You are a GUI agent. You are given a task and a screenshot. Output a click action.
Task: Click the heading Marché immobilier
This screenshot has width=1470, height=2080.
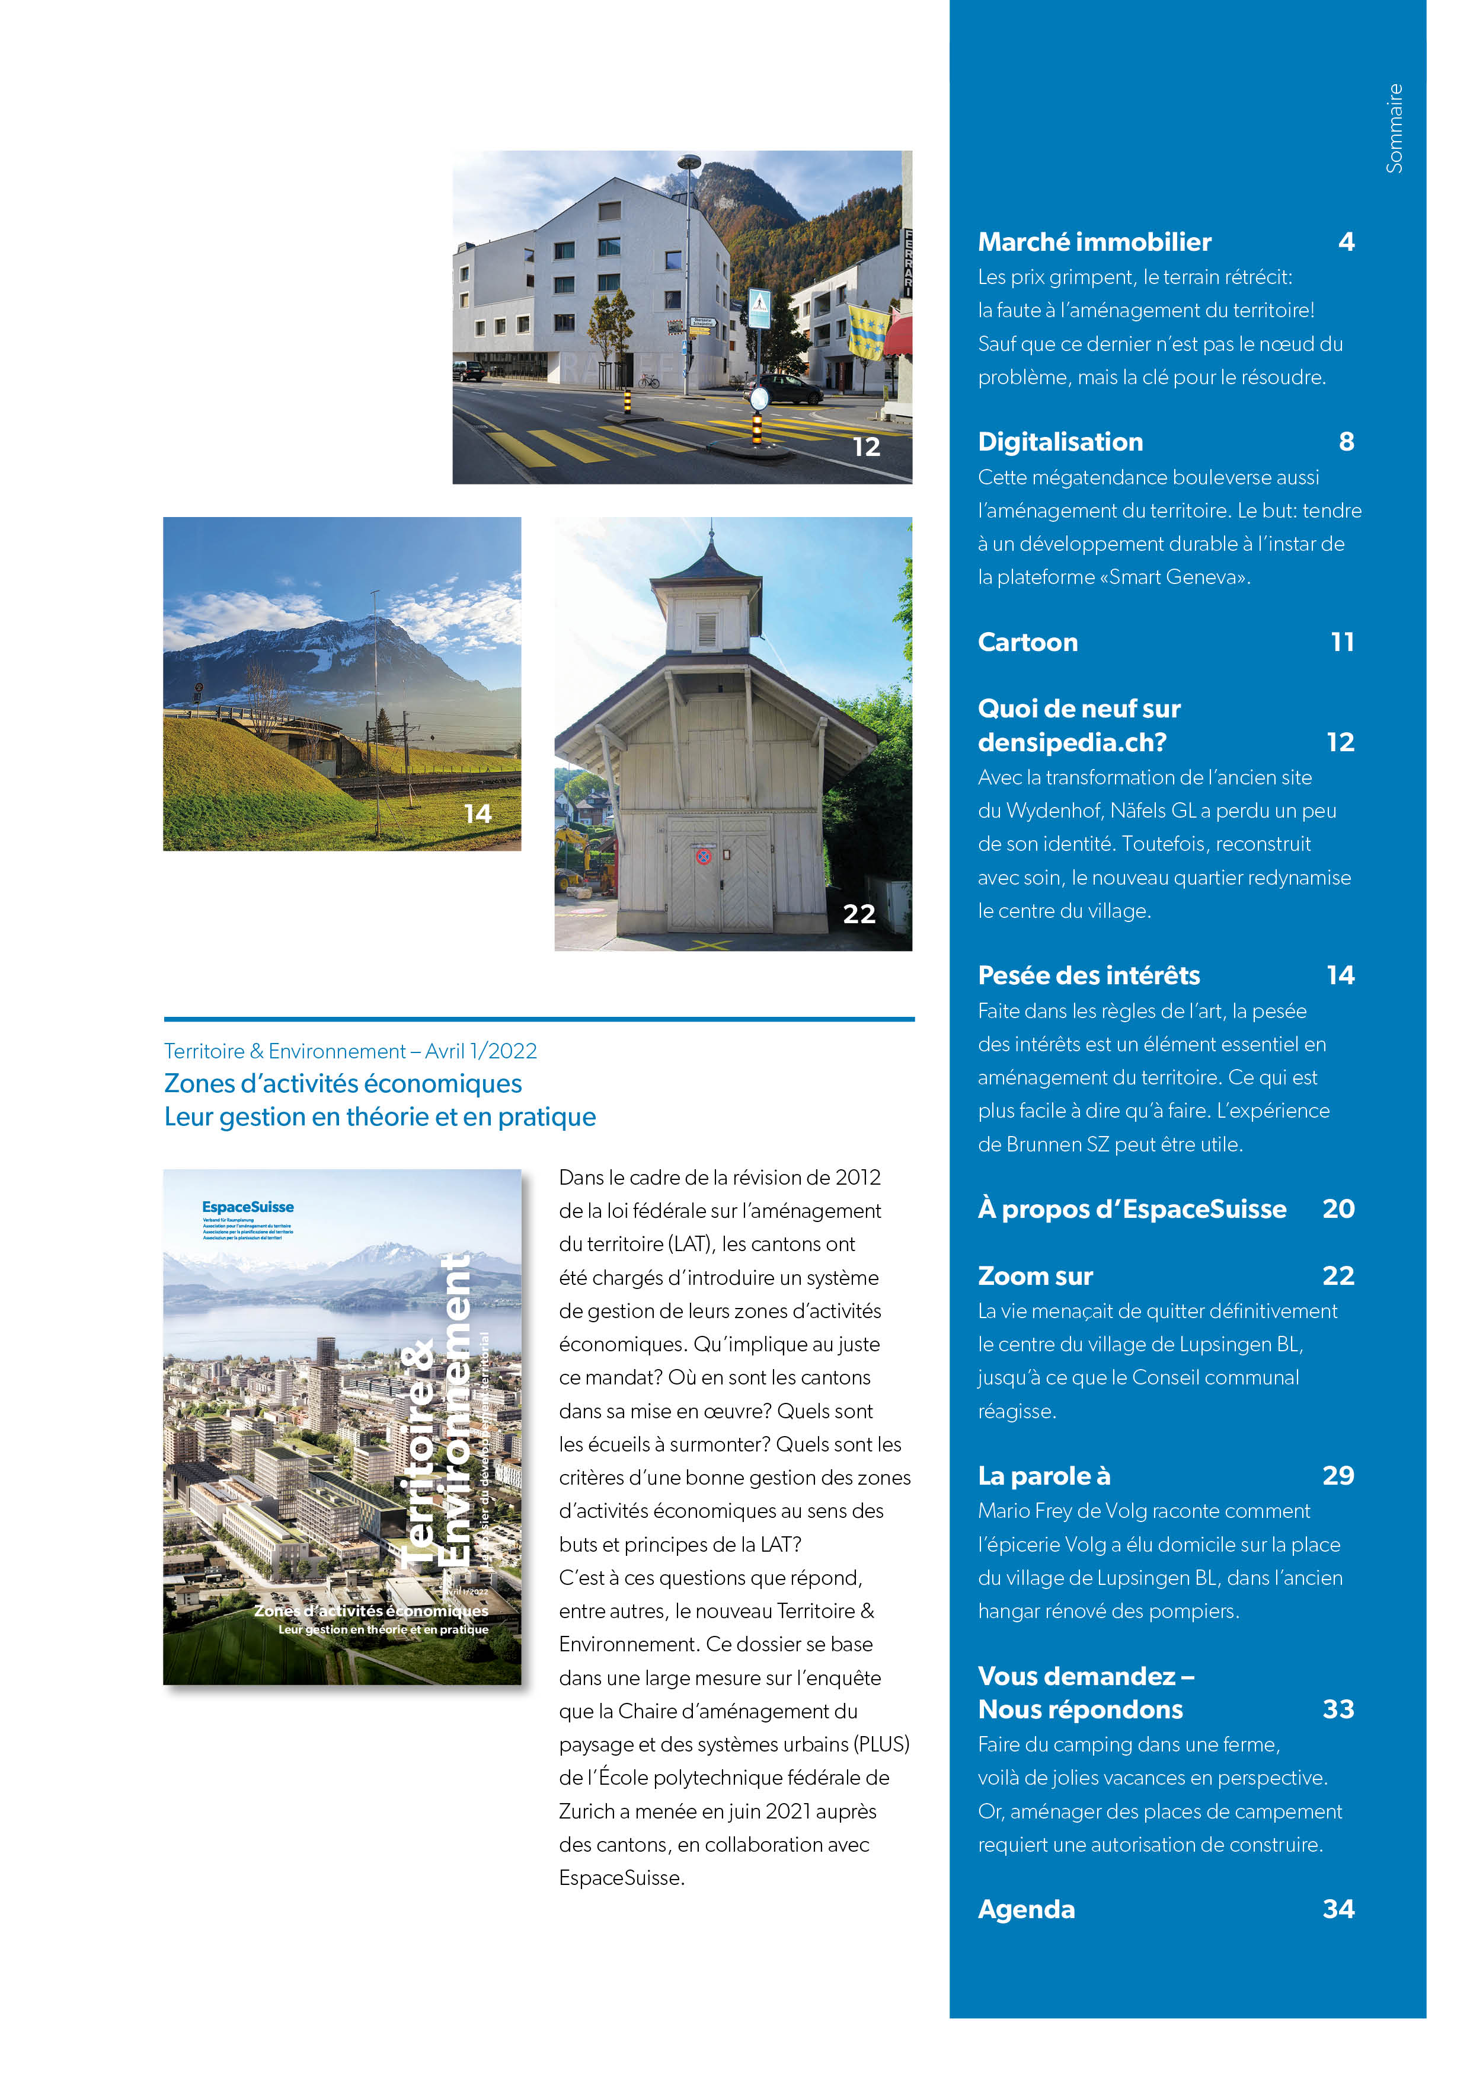[1094, 242]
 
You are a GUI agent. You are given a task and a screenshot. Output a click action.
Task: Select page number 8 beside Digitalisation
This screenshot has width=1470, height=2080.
[1346, 442]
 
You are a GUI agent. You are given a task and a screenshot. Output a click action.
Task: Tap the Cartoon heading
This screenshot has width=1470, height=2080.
[1027, 642]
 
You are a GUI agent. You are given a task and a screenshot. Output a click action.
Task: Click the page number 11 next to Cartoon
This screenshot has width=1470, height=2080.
[1343, 642]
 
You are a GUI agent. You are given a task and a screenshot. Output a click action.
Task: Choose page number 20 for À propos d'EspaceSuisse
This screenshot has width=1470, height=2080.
[1338, 1210]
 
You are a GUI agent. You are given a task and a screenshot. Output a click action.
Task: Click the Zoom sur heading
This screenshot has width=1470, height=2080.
[1036, 1277]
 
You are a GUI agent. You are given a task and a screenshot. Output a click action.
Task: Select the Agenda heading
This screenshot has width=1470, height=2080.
[1026, 1910]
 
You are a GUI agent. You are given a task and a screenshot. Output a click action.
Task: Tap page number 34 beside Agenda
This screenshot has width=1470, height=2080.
[1338, 1910]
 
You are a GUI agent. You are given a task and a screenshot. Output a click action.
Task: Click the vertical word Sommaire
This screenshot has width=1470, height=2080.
[1394, 129]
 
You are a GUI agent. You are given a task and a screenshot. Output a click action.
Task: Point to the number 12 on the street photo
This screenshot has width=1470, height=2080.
[866, 446]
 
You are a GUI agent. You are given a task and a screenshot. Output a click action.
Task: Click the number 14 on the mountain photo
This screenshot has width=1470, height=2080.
[477, 814]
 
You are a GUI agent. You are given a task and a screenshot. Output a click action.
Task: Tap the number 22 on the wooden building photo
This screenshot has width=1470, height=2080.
[859, 914]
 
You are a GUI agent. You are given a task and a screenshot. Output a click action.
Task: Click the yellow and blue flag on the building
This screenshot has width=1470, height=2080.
[867, 331]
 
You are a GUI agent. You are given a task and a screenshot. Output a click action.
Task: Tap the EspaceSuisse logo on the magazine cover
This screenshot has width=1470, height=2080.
[247, 1207]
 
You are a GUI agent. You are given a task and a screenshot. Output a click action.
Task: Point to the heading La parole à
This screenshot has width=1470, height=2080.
[1043, 1476]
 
